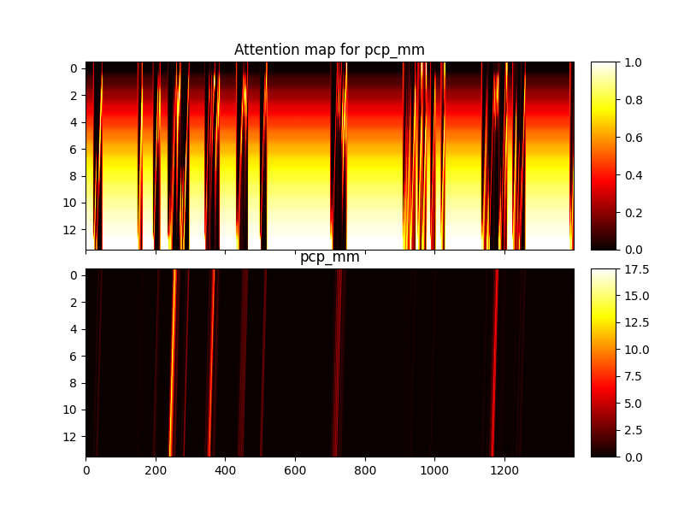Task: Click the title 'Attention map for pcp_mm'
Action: coord(329,50)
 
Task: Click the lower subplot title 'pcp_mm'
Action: coord(330,256)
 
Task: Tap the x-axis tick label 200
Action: coord(156,471)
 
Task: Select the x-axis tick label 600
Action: coord(295,471)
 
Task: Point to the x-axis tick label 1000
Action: coord(434,471)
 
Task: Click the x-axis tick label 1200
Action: coord(504,471)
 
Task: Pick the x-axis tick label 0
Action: coord(86,471)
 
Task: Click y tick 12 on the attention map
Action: coord(70,230)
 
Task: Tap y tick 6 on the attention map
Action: coord(74,150)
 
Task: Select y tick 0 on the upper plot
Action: coord(74,69)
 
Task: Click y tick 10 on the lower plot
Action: coord(70,410)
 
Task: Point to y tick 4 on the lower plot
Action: coord(74,329)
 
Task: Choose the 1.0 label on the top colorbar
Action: coord(633,62)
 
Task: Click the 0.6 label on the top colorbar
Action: coord(633,138)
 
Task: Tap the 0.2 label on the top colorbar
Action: coord(633,213)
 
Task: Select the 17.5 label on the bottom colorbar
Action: coord(636,269)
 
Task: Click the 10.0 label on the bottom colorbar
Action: coord(636,350)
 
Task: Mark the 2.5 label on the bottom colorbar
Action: coord(633,431)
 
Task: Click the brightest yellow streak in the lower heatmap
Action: coord(173,363)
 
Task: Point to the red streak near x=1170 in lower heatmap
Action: coord(494,363)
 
